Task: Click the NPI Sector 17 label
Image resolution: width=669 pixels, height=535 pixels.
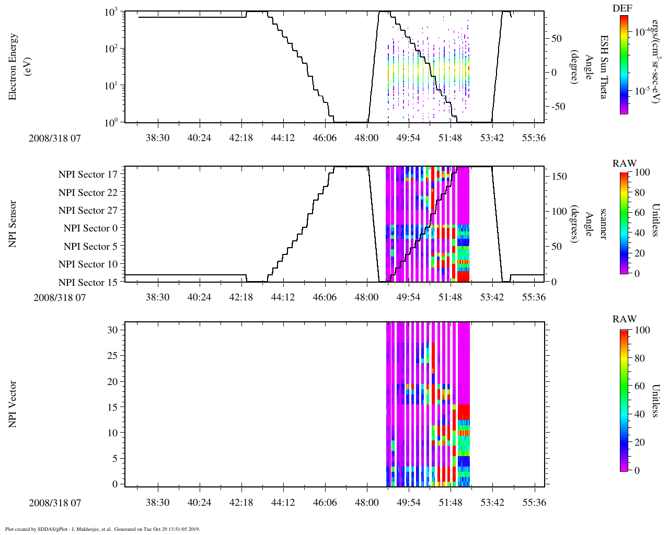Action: (88, 175)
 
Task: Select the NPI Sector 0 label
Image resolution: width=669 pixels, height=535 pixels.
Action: (91, 228)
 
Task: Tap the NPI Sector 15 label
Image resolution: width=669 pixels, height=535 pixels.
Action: (88, 283)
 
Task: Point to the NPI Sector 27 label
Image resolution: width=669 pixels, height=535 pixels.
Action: (88, 211)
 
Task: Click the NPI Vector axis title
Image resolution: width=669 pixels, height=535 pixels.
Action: (13, 404)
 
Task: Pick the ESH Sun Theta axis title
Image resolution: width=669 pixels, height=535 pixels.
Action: (604, 67)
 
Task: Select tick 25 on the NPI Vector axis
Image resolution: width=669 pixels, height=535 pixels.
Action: (113, 356)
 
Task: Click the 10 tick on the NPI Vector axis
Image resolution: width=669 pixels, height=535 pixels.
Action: (113, 433)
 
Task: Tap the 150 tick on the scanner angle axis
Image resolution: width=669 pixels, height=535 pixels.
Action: (559, 177)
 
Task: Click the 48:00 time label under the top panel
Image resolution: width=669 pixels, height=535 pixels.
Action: (366, 137)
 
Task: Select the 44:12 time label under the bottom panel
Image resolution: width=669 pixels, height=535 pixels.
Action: (283, 503)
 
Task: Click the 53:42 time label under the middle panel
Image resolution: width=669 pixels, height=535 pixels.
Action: (492, 297)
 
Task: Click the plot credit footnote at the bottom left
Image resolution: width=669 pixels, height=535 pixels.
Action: (102, 529)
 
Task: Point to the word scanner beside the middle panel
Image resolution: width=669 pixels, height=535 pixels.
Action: (604, 224)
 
